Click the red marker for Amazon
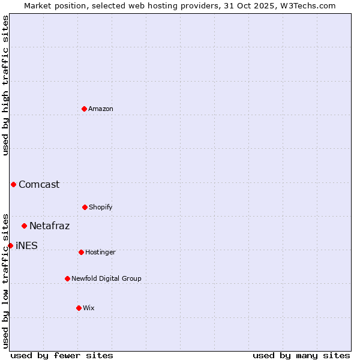pyautogui.click(x=84, y=109)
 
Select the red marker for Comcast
pyautogui.click(x=13, y=184)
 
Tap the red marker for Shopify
pyautogui.click(x=85, y=207)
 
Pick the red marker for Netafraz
pyautogui.click(x=24, y=226)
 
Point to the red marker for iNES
pyautogui.click(x=10, y=245)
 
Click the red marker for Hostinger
pyautogui.click(x=81, y=252)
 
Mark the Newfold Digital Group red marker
pyautogui.click(x=67, y=278)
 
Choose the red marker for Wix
pyautogui.click(x=79, y=308)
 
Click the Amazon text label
pyautogui.click(x=101, y=109)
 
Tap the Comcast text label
pyautogui.click(x=39, y=184)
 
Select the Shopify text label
pyautogui.click(x=101, y=207)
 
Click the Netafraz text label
pyautogui.click(x=50, y=226)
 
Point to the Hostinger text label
pyautogui.click(x=100, y=252)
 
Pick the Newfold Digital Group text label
pyautogui.click(x=107, y=278)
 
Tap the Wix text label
pyautogui.click(x=89, y=308)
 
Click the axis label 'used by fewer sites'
pyautogui.click(x=62, y=355)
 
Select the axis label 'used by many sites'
pyautogui.click(x=301, y=355)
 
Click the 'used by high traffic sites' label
pyautogui.click(x=5, y=85)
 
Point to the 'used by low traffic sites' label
pyautogui.click(x=5, y=281)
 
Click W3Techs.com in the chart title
pyautogui.click(x=306, y=5)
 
